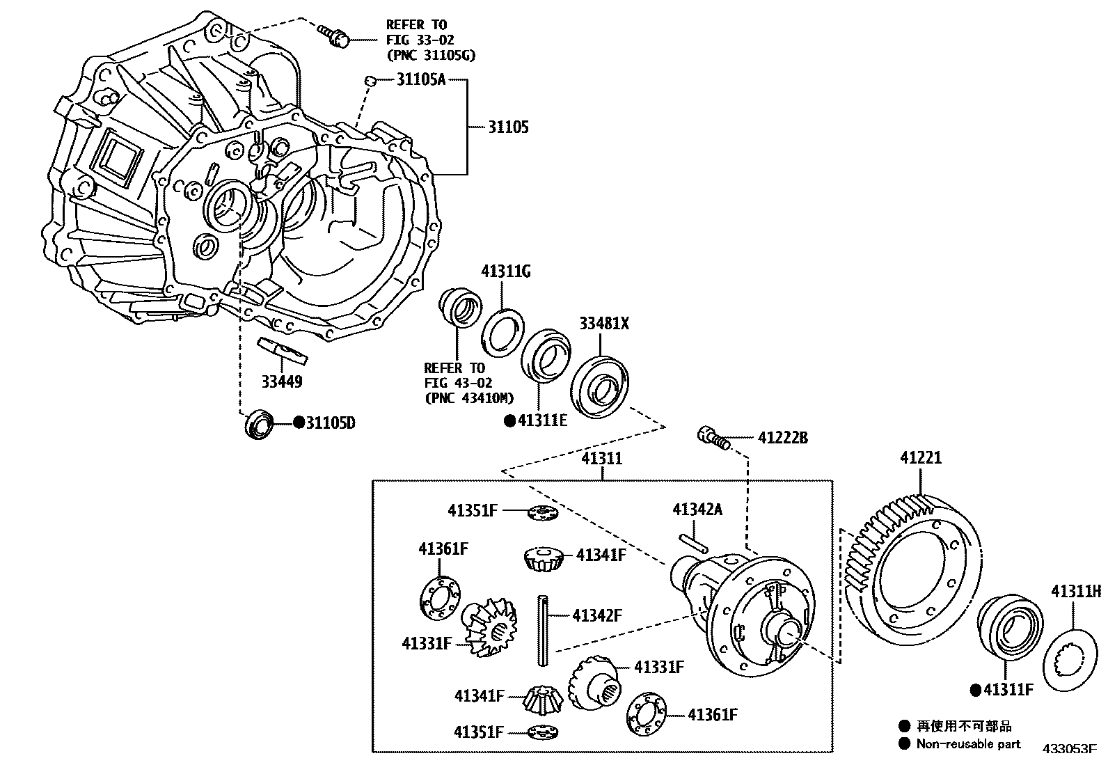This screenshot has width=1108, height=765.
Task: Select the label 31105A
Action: point(420,79)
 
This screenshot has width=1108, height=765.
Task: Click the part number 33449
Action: point(282,381)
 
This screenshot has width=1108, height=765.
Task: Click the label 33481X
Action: point(604,323)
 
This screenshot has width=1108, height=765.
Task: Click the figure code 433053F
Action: point(1070,749)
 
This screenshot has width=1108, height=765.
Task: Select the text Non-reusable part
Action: point(968,743)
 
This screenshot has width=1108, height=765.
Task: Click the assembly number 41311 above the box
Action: point(602,459)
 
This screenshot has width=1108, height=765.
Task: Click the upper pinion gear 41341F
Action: point(541,558)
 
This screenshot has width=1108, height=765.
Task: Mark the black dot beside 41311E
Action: point(509,420)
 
